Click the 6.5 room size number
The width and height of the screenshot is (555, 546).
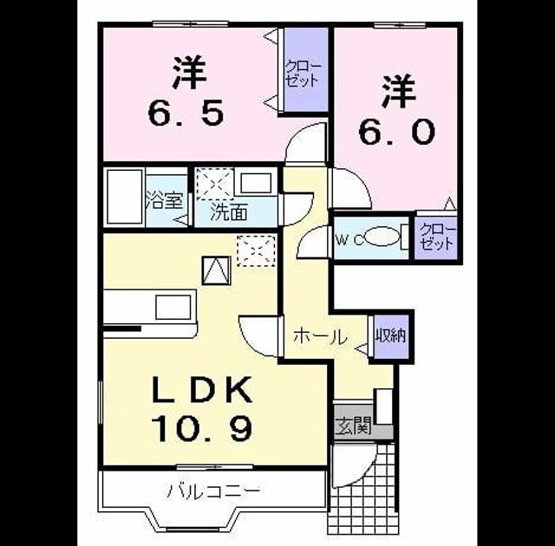coord(186,113)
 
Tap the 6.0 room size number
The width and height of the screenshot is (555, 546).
coord(396,132)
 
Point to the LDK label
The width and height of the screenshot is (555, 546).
coord(202,390)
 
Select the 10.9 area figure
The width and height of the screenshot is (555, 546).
coord(202,428)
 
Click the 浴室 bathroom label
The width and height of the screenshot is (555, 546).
coord(164,200)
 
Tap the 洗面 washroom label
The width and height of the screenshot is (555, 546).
coord(229,212)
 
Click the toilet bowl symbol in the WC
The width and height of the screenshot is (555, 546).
coord(382,236)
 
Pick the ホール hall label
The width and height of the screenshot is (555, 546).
coord(320,336)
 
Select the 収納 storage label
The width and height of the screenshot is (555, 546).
coord(391,335)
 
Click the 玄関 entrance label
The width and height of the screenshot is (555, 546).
coord(353,426)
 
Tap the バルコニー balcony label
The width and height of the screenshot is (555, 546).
coord(214,491)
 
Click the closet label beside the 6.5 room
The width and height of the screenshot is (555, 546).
coord(304,74)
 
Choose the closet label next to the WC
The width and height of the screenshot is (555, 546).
coord(436,237)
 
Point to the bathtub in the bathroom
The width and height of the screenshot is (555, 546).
coord(124,197)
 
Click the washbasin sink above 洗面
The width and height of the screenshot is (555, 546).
coord(256,183)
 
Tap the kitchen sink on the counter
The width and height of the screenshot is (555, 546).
coord(173,307)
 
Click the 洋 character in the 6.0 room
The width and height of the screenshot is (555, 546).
coord(399,91)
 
